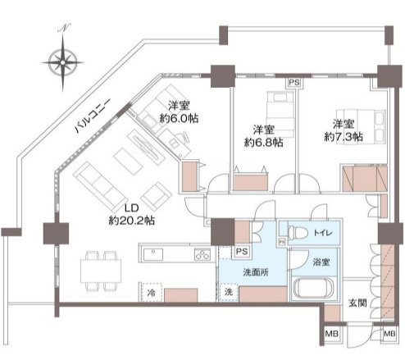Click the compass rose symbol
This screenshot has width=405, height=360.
click(63, 62)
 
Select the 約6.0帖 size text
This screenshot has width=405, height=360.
click(180, 118)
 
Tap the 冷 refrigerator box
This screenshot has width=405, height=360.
click(152, 293)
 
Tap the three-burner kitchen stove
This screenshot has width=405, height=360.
click(201, 256)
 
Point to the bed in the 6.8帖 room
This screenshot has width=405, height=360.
click(275, 107)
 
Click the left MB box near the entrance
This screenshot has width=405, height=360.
click(331, 334)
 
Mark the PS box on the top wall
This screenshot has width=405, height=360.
click(293, 83)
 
